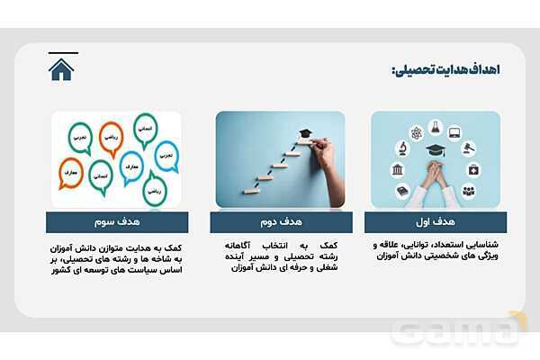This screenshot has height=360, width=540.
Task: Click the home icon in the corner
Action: click(x=61, y=69)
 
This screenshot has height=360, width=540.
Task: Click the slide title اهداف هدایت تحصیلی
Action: click(x=445, y=70)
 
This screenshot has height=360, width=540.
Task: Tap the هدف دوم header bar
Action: click(x=280, y=220)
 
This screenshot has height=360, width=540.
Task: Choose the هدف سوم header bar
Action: click(x=118, y=220)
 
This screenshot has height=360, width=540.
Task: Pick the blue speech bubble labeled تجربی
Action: click(x=166, y=155)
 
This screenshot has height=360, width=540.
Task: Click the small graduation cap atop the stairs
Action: click(x=305, y=134)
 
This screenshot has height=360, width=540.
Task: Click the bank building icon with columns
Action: click(x=397, y=169)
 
